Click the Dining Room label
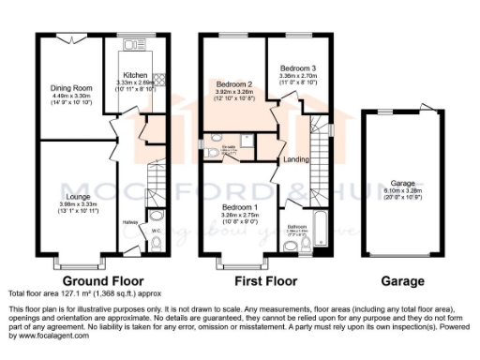click(x=71, y=88)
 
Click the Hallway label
click(x=130, y=221)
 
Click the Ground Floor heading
click(x=103, y=280)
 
